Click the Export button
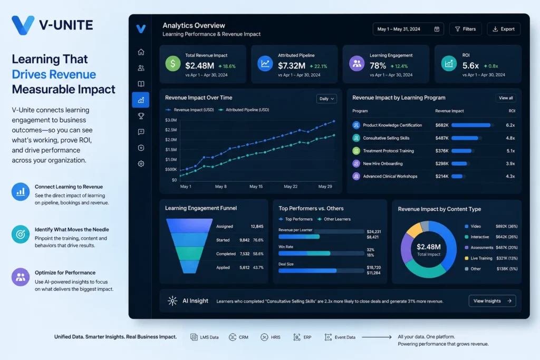(x=504, y=29)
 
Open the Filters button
(x=465, y=29)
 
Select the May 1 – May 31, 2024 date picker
(x=408, y=29)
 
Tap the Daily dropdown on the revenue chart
(x=326, y=99)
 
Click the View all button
(x=506, y=98)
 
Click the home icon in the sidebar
(x=141, y=52)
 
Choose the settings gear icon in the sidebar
(x=141, y=164)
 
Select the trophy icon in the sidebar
(x=141, y=116)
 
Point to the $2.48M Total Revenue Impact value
(x=200, y=65)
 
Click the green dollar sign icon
(x=173, y=64)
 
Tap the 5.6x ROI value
(x=470, y=65)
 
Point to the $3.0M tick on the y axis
(x=171, y=120)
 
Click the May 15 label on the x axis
(x=256, y=187)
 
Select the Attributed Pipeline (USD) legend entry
(x=244, y=110)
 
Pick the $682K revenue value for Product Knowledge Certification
(x=442, y=125)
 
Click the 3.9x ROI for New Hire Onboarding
(x=510, y=163)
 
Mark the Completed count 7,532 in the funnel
(x=245, y=254)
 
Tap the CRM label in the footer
(x=244, y=337)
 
